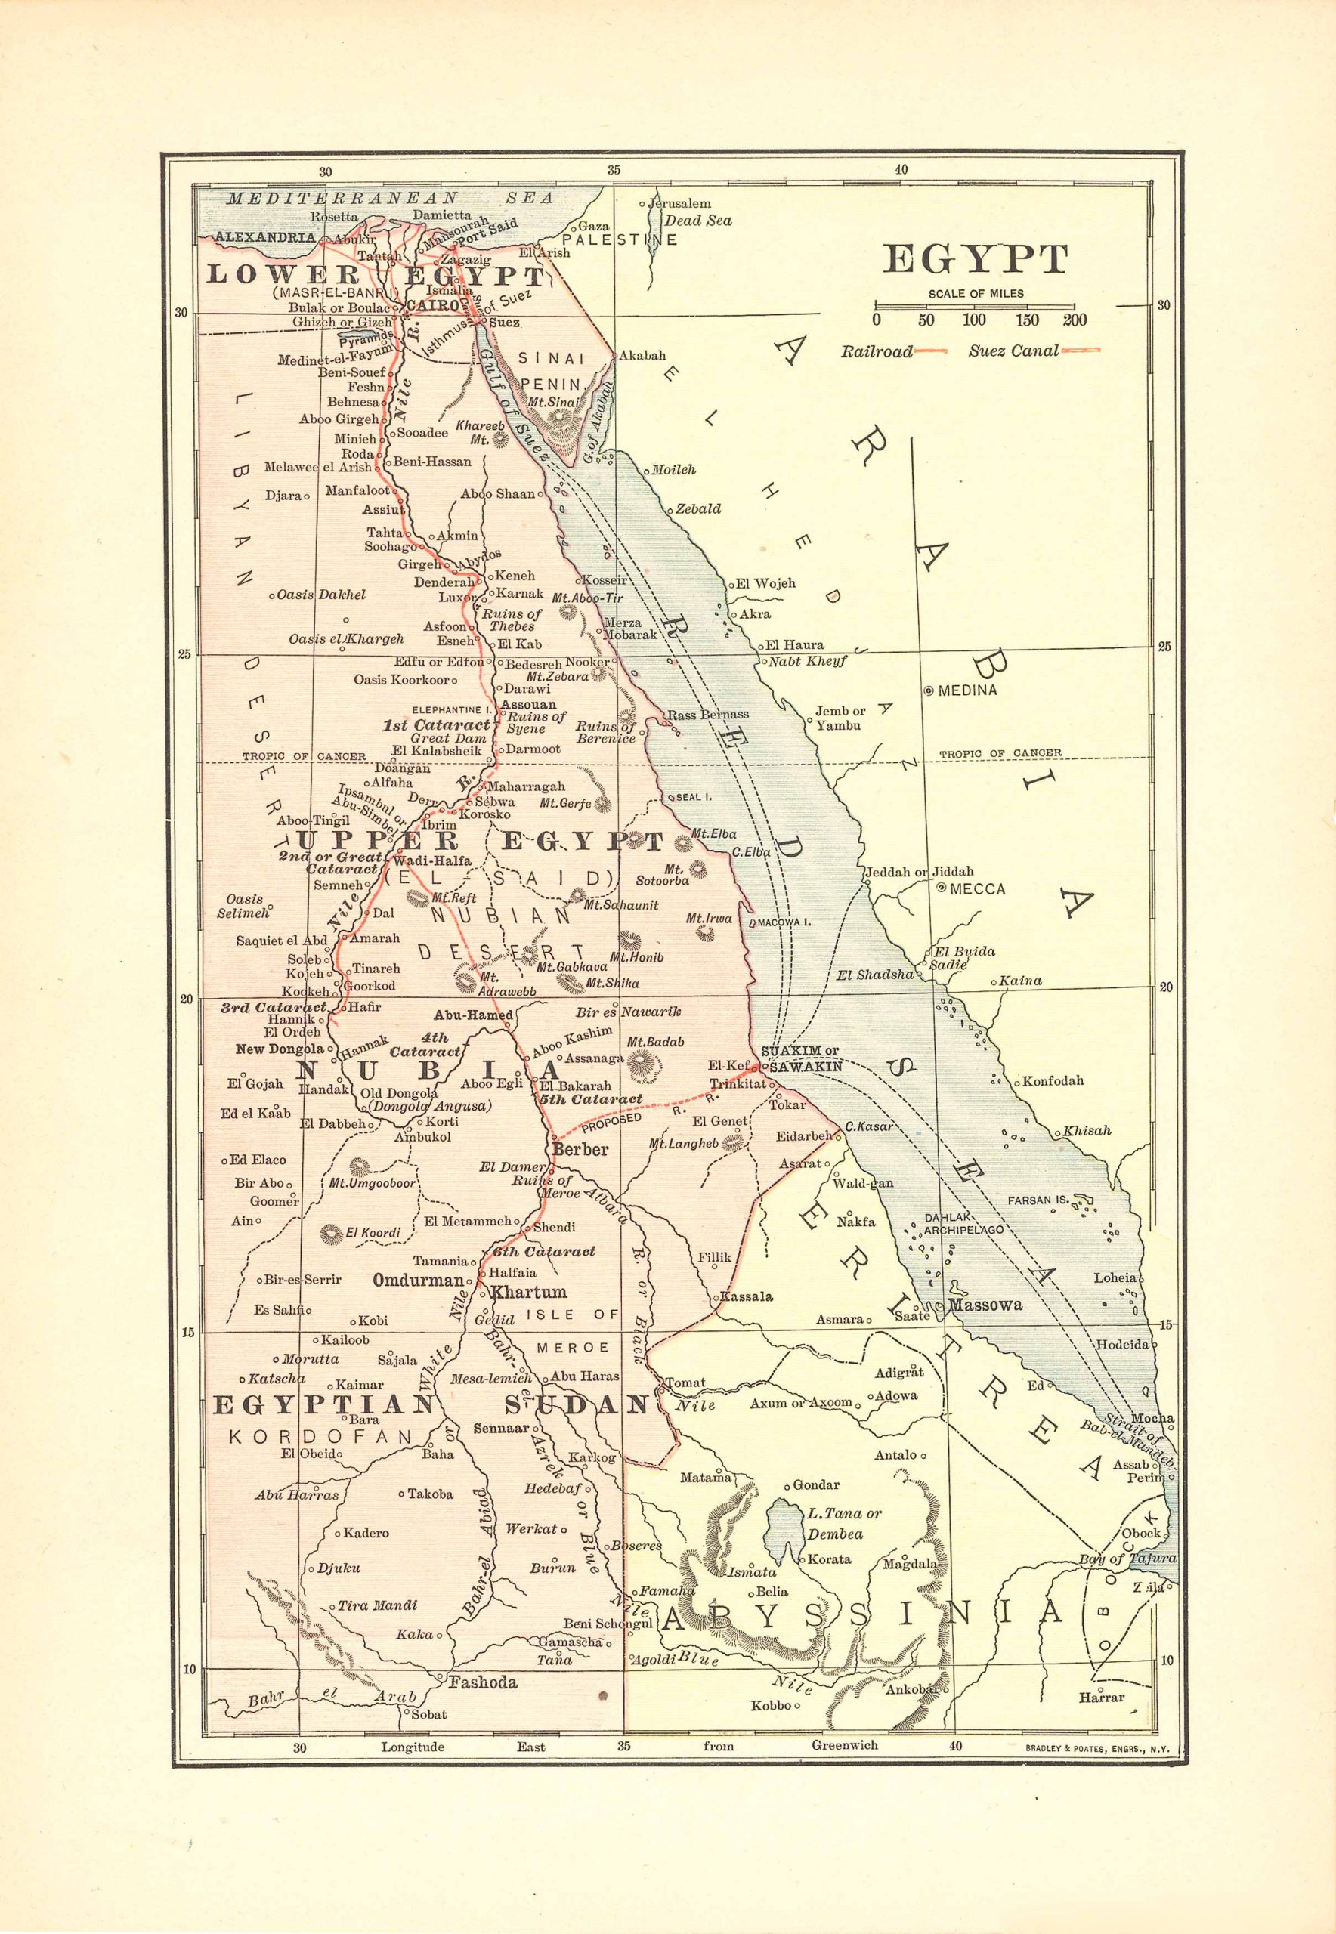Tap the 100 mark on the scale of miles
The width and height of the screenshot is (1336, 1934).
point(973,320)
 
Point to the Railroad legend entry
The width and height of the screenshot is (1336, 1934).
point(877,351)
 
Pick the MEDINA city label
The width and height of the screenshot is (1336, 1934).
point(966,690)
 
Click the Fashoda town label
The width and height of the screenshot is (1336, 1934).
point(483,1682)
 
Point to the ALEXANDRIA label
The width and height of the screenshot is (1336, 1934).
point(265,238)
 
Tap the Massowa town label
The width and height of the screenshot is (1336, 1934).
point(985,1305)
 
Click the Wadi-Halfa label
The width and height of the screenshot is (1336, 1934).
point(432,860)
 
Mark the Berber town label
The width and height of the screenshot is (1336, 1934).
point(580,1149)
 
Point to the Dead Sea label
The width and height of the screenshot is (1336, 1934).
point(698,221)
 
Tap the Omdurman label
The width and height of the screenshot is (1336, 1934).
point(418,1281)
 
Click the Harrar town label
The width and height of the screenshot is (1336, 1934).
point(1102,1698)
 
